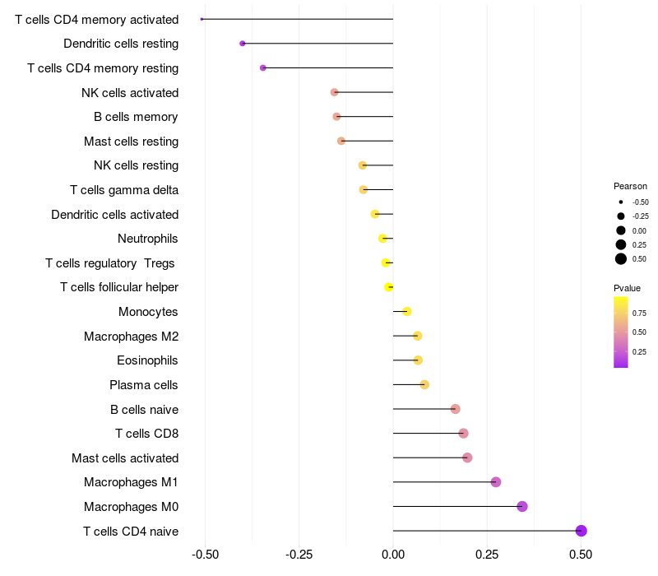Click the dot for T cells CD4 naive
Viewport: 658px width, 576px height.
click(582, 531)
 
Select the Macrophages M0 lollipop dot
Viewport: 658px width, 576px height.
click(522, 506)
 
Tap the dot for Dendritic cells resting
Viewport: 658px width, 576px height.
click(242, 44)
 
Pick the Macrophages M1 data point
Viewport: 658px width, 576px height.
click(496, 482)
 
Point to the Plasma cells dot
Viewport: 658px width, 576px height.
click(424, 384)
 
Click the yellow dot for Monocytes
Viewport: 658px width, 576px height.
click(407, 311)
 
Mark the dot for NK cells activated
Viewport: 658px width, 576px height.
click(334, 92)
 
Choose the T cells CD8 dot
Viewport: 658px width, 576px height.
click(463, 433)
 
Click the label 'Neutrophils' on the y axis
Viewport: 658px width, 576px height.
click(148, 239)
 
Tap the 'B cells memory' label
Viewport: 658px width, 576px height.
click(136, 117)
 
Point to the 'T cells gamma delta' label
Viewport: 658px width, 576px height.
click(124, 190)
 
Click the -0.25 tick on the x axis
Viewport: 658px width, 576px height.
click(299, 555)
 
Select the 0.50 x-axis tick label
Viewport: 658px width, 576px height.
click(581, 555)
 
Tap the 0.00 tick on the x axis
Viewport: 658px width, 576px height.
click(393, 555)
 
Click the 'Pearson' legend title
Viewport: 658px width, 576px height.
click(630, 186)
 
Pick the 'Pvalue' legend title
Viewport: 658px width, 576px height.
click(627, 288)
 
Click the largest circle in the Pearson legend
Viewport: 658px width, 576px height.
click(621, 259)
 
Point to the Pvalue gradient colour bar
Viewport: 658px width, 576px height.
click(621, 332)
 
